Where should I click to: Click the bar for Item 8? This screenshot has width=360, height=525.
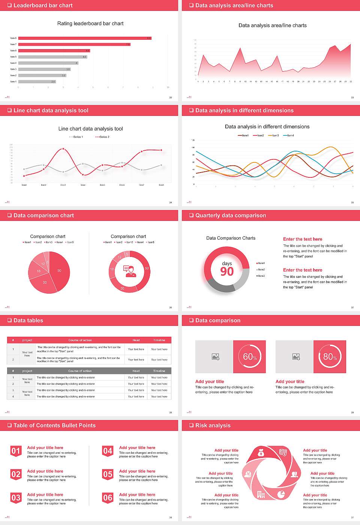pyautogui.click(x=84, y=38)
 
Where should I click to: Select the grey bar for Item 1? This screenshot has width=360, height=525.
pyautogui.click(x=37, y=81)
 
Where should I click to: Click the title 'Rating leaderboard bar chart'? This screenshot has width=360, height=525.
pyautogui.click(x=90, y=24)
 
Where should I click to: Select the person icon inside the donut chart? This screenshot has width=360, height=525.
pyautogui.click(x=129, y=271)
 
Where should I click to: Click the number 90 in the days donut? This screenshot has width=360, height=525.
pyautogui.click(x=227, y=271)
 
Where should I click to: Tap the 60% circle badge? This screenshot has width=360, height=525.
pyautogui.click(x=250, y=357)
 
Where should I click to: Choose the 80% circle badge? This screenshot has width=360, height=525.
pyautogui.click(x=330, y=357)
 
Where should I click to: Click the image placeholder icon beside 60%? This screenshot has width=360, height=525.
pyautogui.click(x=215, y=357)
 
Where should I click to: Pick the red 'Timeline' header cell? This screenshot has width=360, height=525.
pyautogui.click(x=159, y=340)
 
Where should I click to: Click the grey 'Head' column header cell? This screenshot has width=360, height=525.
pyautogui.click(x=136, y=371)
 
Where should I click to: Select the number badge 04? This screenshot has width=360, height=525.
pyautogui.click(x=108, y=451)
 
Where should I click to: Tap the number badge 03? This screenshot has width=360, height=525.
pyautogui.click(x=16, y=498)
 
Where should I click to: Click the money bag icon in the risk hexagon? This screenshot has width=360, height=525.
pyautogui.click(x=261, y=453)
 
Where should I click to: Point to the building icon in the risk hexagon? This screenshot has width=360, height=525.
pyautogui.click(x=261, y=495)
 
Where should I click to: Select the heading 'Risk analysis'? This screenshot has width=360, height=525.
pyautogui.click(x=213, y=426)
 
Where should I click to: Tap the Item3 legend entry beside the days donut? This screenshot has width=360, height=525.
pyautogui.click(x=261, y=276)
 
